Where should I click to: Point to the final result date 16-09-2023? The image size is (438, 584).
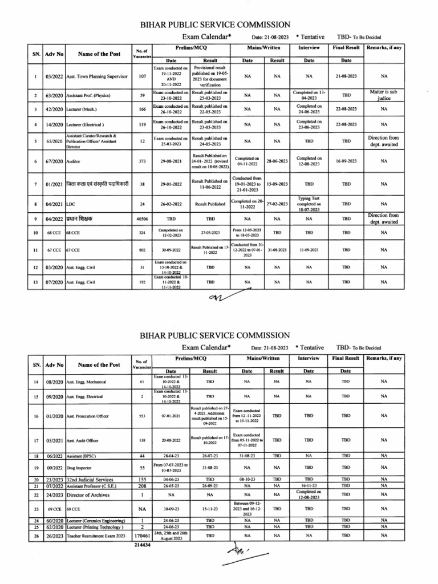[346, 161]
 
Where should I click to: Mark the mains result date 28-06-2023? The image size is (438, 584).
[277, 161]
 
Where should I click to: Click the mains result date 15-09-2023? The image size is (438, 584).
[277, 184]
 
